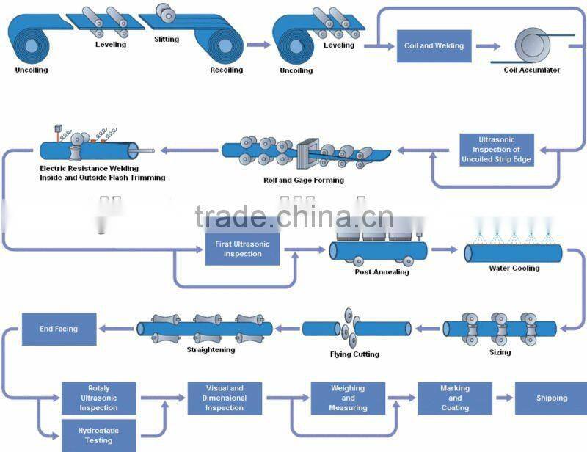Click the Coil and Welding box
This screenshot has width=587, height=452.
coord(434,45)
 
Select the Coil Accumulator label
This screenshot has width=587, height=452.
coord(531,70)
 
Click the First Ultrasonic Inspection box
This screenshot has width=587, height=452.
coord(242,249)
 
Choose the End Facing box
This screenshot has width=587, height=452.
coord(59,329)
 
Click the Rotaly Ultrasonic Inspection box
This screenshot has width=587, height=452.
coord(98,398)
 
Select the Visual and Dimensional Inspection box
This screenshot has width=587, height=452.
coord(225,398)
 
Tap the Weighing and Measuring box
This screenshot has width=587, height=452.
coord(349,398)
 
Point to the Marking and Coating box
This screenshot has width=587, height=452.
coord(455,398)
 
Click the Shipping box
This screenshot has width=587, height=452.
coord(551,398)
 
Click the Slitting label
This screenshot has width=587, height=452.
coord(167,38)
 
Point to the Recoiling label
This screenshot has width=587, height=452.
coord(225,70)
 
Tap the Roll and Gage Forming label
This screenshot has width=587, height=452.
coord(303,180)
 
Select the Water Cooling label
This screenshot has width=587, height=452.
coord(514,269)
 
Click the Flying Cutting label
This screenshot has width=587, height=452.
coord(354,354)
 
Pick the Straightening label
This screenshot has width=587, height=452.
coord(210,350)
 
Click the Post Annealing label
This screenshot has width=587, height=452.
coord(371,272)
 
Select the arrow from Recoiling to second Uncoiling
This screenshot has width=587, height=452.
coord(258,45)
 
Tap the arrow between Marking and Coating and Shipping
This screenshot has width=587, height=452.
coord(503,398)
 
